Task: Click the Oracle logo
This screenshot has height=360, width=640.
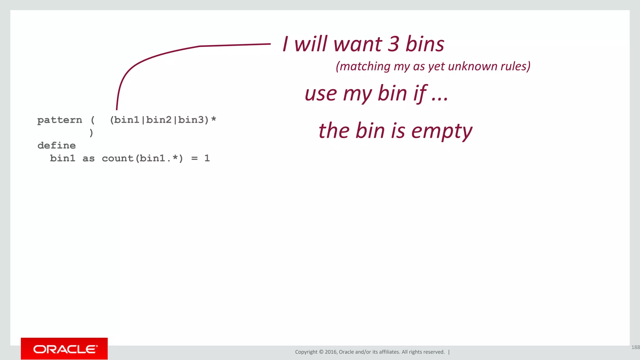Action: [64, 349]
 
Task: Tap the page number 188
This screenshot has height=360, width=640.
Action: [635, 347]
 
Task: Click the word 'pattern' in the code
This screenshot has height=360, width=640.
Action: [60, 120]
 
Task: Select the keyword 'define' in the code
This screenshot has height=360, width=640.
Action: [57, 146]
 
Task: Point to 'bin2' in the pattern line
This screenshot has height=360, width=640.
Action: [159, 120]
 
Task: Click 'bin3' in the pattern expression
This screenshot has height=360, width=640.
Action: [191, 120]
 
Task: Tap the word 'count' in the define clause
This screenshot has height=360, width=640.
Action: [117, 158]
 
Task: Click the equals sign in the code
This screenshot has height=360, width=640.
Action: [194, 158]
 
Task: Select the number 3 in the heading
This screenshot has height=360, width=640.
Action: [393, 44]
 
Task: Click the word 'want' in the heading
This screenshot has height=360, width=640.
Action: [357, 44]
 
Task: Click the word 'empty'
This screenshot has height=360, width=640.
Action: [442, 131]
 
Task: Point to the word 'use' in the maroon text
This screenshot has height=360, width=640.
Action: [321, 94]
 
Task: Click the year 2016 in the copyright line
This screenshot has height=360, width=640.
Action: [331, 352]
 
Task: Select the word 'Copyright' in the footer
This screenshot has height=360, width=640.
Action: [306, 352]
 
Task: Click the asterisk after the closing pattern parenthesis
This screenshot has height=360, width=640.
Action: [213, 119]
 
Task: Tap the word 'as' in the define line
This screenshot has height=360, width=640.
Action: [88, 158]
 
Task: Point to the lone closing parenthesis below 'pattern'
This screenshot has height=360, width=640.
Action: [91, 133]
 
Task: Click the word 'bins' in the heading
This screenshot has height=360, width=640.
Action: [425, 44]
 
